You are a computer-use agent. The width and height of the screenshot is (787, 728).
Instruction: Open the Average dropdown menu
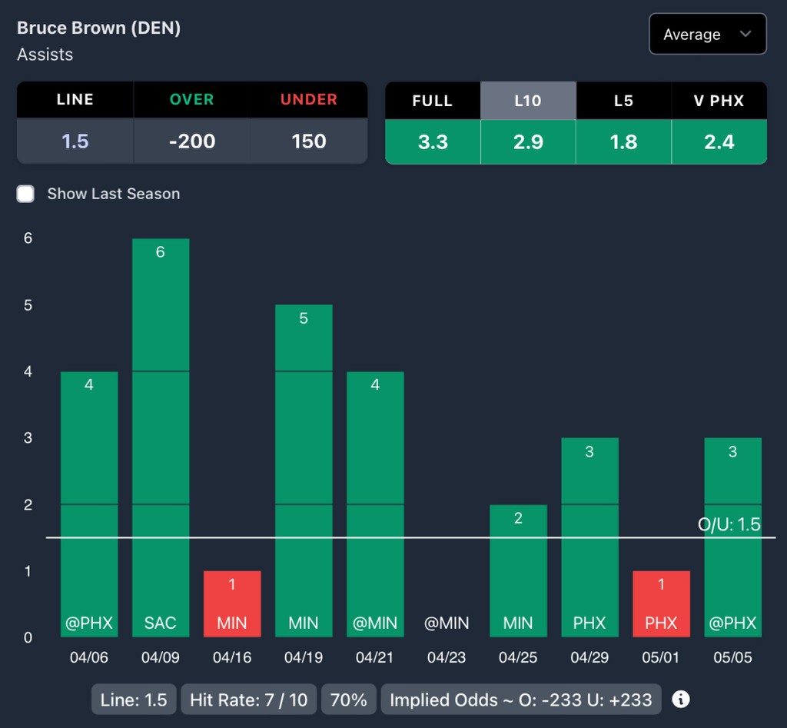[x=707, y=35]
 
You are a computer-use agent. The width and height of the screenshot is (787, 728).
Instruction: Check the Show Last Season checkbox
[x=26, y=194]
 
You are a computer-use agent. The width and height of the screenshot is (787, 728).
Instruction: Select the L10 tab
[x=528, y=101]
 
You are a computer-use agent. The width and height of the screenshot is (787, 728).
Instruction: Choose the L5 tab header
[x=623, y=101]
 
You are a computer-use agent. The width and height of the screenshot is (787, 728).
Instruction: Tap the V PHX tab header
[x=719, y=101]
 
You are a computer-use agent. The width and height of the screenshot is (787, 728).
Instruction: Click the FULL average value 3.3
[x=433, y=141]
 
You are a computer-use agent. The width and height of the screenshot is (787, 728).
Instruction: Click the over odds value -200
[x=191, y=141]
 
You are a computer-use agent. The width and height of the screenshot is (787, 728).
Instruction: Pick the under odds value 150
[x=309, y=141]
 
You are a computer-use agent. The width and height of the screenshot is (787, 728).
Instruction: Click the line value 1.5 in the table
[x=75, y=141]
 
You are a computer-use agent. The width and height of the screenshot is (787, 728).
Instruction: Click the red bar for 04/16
[x=232, y=603]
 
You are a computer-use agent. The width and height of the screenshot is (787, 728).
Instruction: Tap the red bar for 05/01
[x=661, y=603]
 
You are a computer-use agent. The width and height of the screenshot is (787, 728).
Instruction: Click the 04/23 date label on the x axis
[x=447, y=658]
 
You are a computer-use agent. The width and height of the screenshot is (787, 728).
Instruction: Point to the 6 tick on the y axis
[x=28, y=238]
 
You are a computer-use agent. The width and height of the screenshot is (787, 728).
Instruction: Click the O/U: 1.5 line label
[x=729, y=524]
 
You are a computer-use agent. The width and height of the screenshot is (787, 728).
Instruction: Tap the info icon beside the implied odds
[x=681, y=700]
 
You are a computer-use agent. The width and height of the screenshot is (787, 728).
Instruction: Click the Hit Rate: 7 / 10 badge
[x=248, y=700]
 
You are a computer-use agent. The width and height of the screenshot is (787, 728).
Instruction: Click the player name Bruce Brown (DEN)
[x=98, y=28]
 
